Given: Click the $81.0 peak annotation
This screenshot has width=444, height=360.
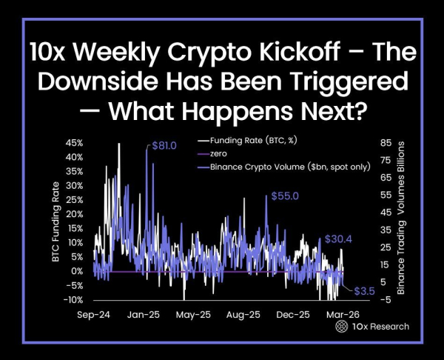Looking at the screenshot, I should click(x=164, y=146).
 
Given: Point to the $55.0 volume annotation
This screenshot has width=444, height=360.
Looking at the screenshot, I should click(x=284, y=196).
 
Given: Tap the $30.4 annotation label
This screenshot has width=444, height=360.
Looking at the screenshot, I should click(x=338, y=239).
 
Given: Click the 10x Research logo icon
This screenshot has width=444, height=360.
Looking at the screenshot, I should click(x=342, y=326).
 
